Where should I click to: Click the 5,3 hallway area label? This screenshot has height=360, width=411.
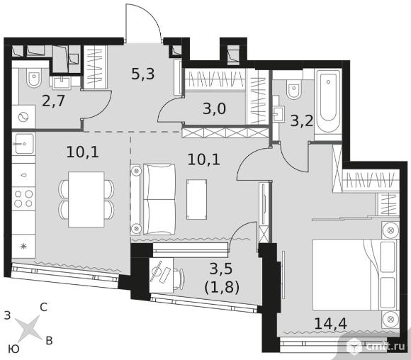coord(143,74)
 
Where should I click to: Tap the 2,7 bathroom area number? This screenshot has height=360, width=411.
coord(53,101)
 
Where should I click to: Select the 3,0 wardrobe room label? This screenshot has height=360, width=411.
coord(214,108)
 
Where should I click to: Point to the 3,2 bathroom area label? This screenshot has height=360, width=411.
coord(302,121)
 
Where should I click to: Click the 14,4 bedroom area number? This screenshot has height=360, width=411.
coord(330,323)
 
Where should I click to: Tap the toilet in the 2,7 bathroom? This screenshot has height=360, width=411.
coord(34,77)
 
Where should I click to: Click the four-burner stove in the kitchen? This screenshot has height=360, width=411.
coord(23,198)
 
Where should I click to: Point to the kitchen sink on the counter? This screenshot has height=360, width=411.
coord(24,143)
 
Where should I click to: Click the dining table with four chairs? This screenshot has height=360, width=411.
coord(86,199)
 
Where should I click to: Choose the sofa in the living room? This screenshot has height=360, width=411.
coord(153,199)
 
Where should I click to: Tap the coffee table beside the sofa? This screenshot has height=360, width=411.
coord(196,199)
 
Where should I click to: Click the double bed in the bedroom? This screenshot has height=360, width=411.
coord(354,274)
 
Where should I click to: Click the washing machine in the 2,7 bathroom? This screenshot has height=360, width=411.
coord(23,117)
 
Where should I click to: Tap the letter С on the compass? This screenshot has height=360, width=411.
coord(43,307)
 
